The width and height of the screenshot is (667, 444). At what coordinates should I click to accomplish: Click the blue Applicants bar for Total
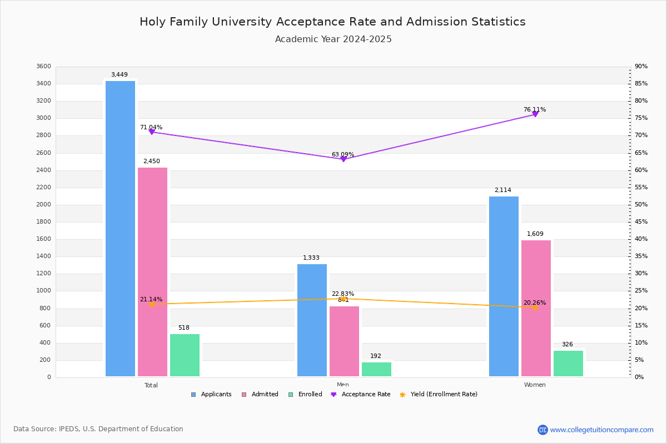[x=120, y=229]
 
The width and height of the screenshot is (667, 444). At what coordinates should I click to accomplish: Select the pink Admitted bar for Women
[x=536, y=308]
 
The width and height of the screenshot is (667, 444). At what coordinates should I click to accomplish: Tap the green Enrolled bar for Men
[x=376, y=370]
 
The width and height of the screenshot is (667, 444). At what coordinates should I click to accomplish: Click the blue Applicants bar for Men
[x=312, y=320]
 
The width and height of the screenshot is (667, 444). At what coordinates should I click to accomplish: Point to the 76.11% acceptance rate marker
[x=535, y=114]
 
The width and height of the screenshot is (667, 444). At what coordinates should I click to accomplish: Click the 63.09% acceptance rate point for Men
[x=343, y=159]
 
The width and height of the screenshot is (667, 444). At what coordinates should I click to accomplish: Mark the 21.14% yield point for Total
[x=151, y=304]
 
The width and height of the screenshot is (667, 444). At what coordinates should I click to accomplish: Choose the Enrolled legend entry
[x=305, y=395]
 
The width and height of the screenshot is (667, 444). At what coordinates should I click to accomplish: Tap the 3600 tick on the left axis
[x=43, y=67]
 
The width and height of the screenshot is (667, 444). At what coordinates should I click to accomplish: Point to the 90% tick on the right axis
[x=641, y=67]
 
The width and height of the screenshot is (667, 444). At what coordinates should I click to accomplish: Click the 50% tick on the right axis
[x=641, y=205]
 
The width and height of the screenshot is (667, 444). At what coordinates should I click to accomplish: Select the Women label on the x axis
[x=535, y=385]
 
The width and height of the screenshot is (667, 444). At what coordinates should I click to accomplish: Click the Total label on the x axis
[x=151, y=385]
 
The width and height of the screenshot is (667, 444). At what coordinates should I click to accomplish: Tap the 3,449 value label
[x=120, y=75]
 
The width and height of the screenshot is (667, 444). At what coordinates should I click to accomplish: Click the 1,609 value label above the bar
[x=535, y=234]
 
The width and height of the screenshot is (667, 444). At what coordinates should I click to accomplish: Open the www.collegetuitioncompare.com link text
[x=601, y=430]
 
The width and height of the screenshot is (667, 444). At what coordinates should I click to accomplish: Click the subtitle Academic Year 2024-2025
[x=333, y=39]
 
